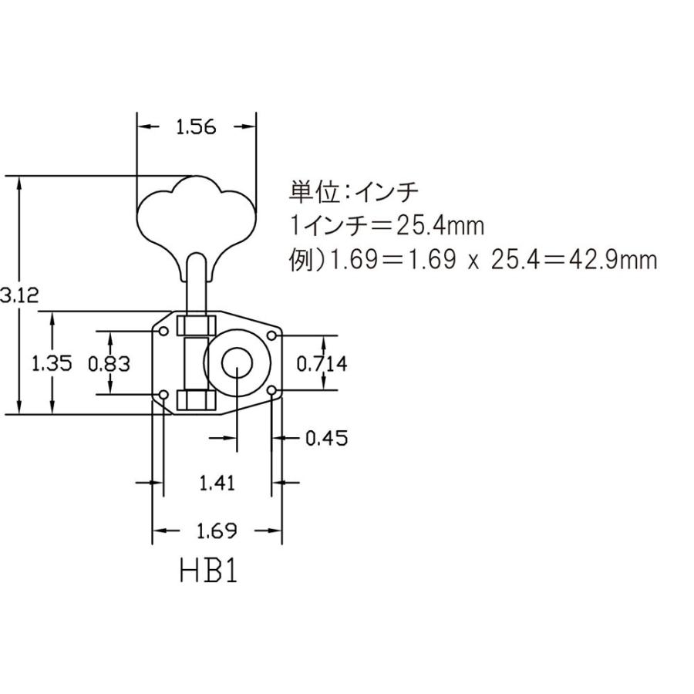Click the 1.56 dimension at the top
[196, 128]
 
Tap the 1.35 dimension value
[52, 363]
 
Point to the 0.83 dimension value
[109, 363]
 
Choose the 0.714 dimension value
[321, 364]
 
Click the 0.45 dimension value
[326, 439]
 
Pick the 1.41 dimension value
[217, 483]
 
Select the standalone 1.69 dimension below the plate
[217, 531]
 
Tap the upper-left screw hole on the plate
[163, 331]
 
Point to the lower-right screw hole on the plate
[271, 392]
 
